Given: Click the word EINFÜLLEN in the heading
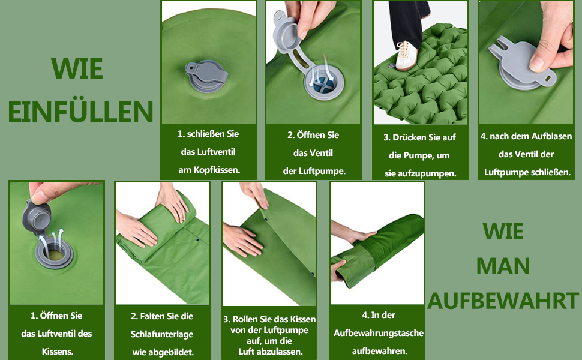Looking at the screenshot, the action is [80, 111].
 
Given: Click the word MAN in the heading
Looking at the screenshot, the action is [503, 266].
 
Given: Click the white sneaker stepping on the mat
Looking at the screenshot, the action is [407, 56].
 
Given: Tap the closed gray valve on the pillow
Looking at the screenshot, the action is [206, 76].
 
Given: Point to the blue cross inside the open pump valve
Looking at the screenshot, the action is [323, 85].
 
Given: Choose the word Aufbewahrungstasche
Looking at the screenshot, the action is [378, 333].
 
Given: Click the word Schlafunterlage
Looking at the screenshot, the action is [162, 334].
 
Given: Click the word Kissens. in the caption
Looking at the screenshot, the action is [58, 352].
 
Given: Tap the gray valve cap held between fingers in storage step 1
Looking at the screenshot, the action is [36, 217].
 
